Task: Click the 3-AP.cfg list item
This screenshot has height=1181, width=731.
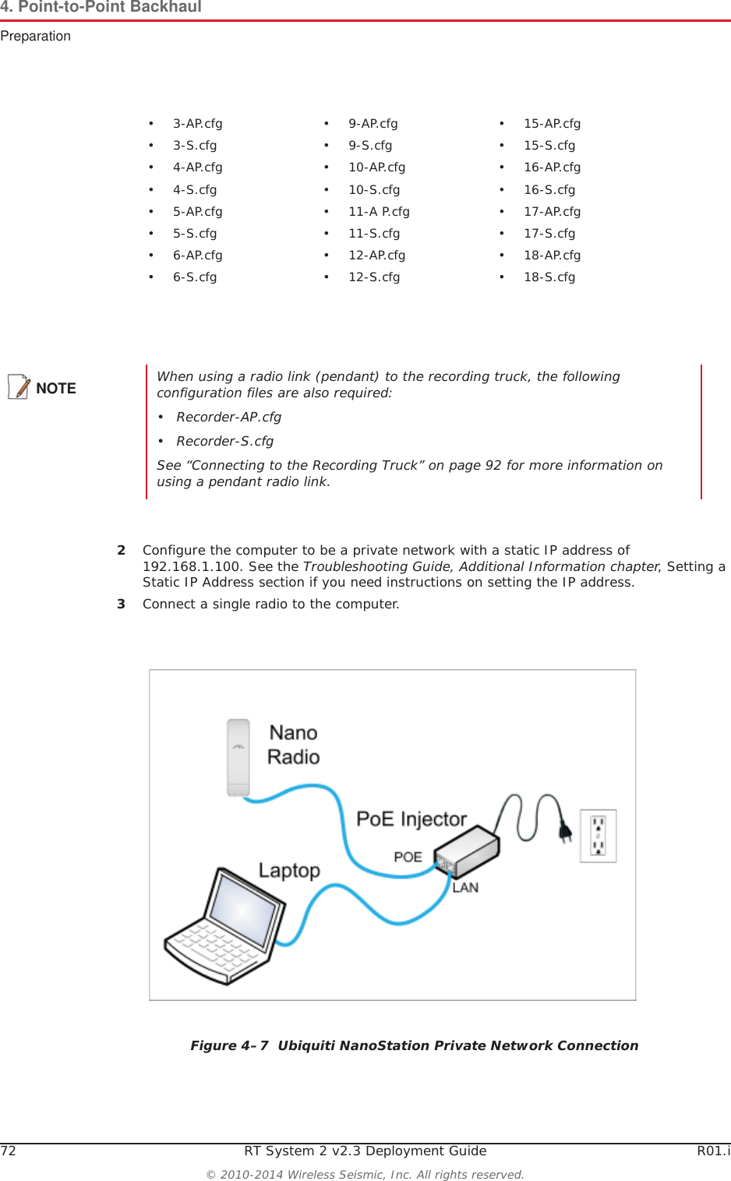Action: tap(197, 124)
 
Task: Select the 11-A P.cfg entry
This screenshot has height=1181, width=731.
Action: tap(379, 212)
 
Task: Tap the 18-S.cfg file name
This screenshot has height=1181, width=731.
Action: tap(549, 277)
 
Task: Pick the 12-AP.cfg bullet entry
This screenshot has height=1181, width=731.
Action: tap(376, 256)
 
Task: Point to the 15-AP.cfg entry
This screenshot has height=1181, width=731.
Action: tap(552, 124)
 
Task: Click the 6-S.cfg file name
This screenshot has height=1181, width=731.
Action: tap(195, 277)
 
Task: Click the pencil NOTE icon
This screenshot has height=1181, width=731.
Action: tap(19, 387)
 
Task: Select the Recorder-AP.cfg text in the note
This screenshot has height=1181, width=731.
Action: tap(228, 418)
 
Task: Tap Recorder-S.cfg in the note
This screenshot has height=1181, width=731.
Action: tap(224, 442)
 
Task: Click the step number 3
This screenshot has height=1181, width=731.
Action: tap(121, 605)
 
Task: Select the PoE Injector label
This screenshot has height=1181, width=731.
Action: tap(411, 820)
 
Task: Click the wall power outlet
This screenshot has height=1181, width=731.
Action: tap(598, 836)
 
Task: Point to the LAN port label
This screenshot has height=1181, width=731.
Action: tap(465, 888)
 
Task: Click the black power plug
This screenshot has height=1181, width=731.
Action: tap(565, 832)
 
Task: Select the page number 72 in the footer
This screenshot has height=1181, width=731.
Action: tap(9, 1151)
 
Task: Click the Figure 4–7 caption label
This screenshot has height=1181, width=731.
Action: tap(229, 1046)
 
